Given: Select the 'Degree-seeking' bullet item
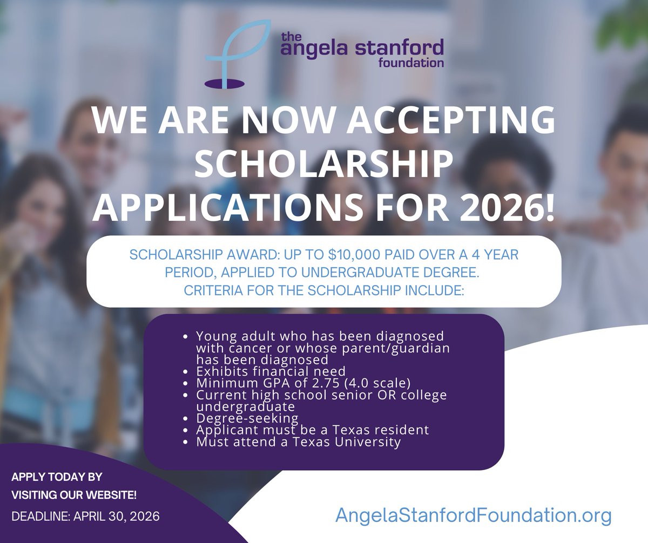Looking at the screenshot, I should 247,418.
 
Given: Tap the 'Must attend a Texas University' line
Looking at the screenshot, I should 298,442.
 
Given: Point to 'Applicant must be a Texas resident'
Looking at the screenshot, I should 312,430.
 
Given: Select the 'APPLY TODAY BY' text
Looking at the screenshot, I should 57,478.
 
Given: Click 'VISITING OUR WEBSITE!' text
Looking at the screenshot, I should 66,495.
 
